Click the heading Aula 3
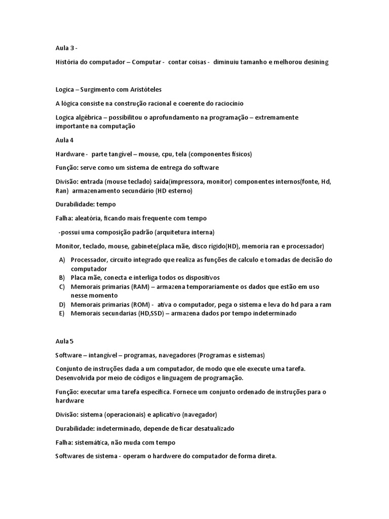click(x=66, y=48)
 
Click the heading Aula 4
click(x=65, y=139)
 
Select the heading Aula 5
click(x=65, y=341)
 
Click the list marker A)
click(x=62, y=259)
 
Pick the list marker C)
click(x=62, y=286)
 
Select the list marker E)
click(x=62, y=313)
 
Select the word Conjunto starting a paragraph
click(x=70, y=368)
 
